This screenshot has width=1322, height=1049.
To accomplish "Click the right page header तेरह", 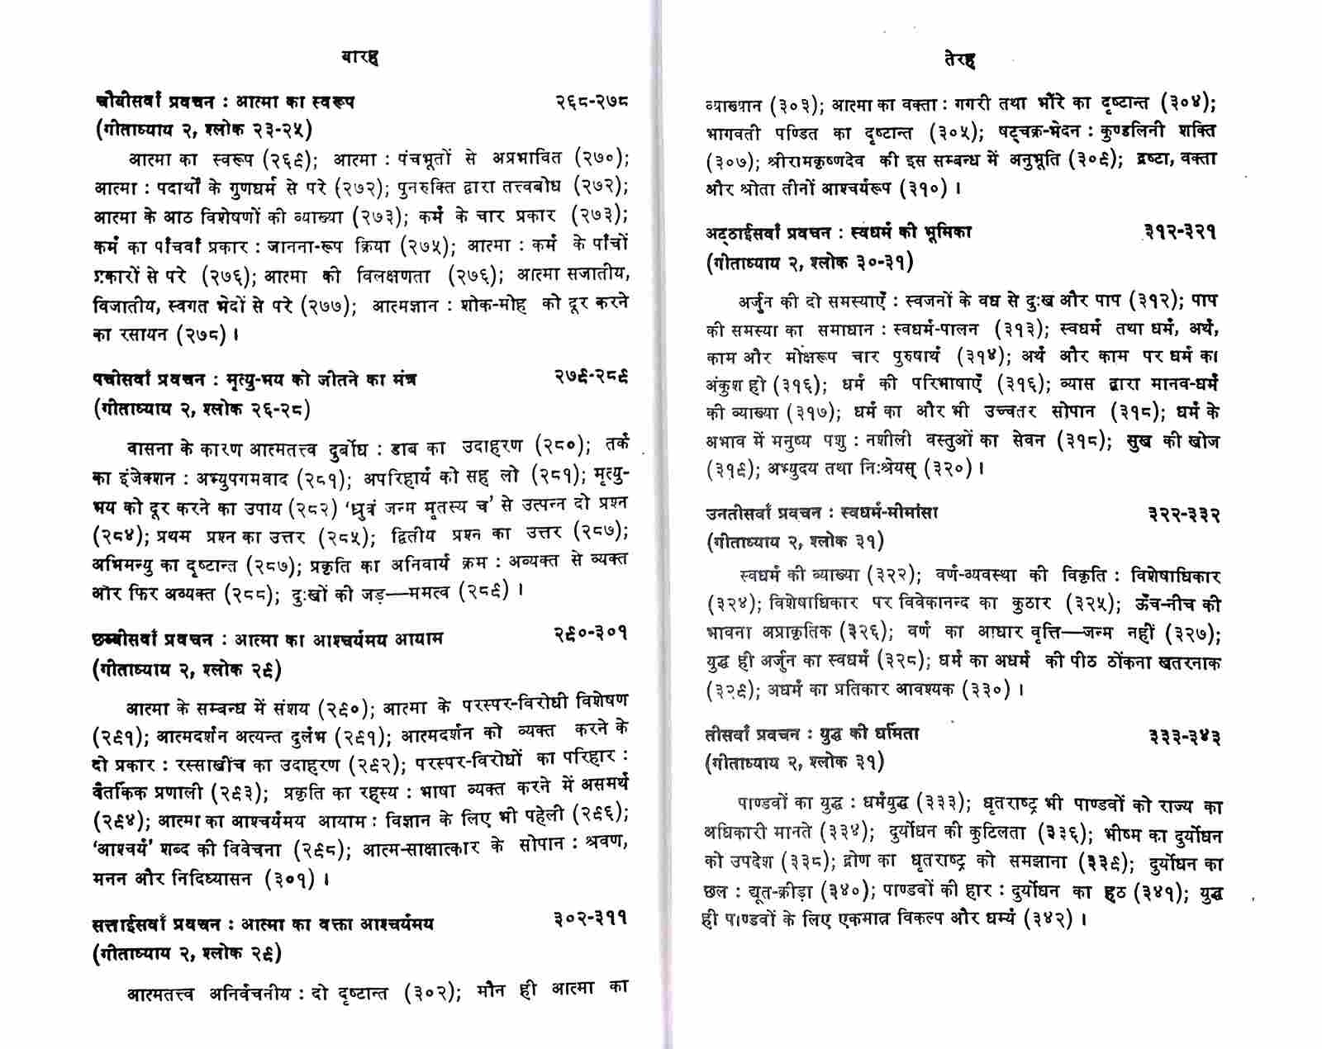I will (x=959, y=59).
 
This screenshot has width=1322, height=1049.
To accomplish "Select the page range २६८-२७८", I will (x=592, y=102).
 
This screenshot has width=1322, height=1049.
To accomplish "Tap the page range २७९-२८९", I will (x=591, y=377).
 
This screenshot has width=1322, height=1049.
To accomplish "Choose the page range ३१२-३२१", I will (x=1180, y=233).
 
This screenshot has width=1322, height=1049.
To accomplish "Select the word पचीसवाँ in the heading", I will (x=123, y=379).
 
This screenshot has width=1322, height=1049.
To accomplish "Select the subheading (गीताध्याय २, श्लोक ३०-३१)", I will (x=810, y=262).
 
